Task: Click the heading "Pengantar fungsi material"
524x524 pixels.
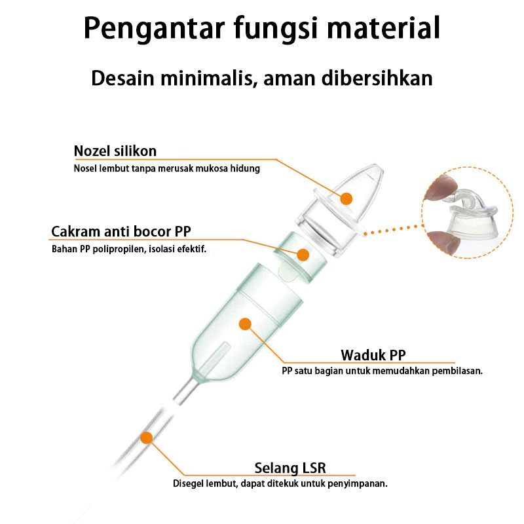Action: pos(262,29)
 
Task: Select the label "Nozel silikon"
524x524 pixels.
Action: pos(115,151)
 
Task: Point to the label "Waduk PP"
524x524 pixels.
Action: pos(373,355)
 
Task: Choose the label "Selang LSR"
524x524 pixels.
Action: pos(290,468)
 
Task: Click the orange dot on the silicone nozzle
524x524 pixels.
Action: pos(346,198)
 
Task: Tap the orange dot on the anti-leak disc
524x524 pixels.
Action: pos(303,255)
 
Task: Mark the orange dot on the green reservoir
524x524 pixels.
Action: pos(246,323)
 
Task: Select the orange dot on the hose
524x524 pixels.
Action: pos(147,437)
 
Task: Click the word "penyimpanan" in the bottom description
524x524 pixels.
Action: pos(358,484)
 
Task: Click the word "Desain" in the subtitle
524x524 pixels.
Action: pos(117,78)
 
